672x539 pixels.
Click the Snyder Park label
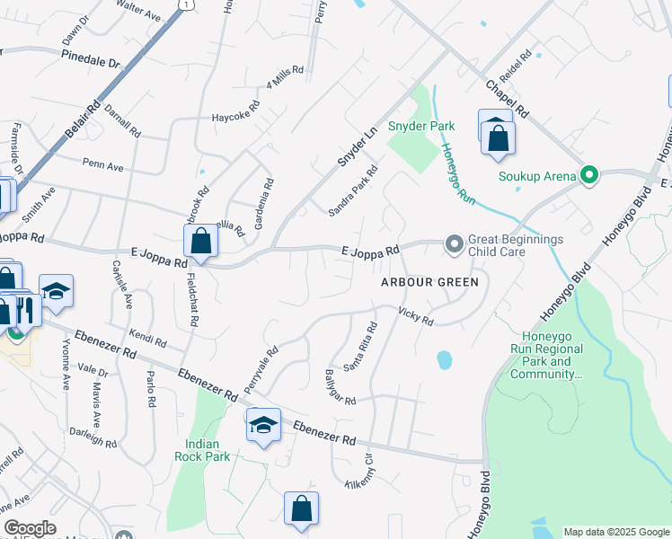[421, 127]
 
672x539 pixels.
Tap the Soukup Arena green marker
[589, 175]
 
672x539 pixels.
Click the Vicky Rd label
[416, 315]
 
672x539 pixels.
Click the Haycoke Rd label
[234, 116]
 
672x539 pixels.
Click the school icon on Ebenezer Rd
[263, 425]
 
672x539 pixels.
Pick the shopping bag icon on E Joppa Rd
[200, 241]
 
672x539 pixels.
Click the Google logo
[30, 528]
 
